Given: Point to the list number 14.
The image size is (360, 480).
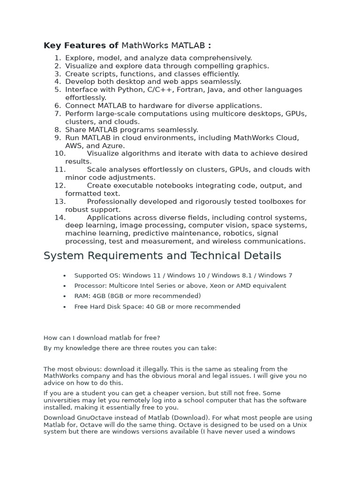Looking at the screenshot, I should (x=60, y=217).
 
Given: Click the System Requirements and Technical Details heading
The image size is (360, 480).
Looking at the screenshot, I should (x=162, y=255).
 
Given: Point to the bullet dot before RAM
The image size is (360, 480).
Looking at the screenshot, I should (x=64, y=297).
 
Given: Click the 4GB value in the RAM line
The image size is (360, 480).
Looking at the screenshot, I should (x=99, y=296).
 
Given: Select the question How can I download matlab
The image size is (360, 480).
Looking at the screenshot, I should (x=102, y=338).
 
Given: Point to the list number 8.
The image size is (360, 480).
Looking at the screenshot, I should (x=58, y=130).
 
